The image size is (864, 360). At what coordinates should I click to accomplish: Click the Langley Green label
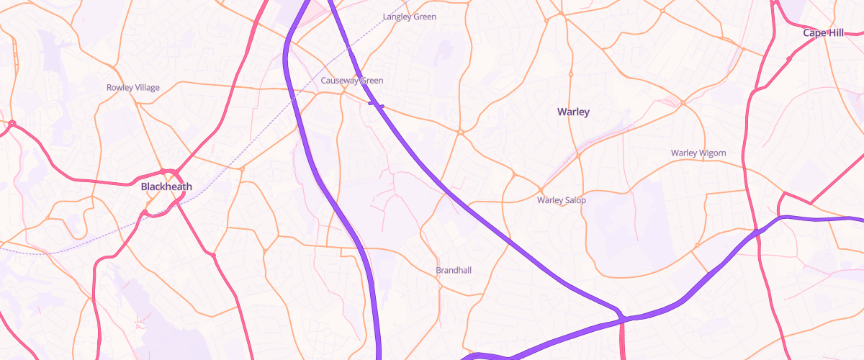pos(410,17)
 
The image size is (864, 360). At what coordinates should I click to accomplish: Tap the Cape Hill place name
pos(823,33)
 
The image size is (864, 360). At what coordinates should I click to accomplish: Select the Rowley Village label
pos(133,88)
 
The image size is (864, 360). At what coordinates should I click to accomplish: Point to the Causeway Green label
pos(352,81)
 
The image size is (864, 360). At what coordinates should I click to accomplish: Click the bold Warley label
pos(573,112)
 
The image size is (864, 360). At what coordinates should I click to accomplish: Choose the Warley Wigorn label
pos(698,153)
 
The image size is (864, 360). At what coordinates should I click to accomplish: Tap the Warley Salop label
pos(561,200)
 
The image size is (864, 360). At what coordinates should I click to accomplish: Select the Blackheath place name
pos(166,186)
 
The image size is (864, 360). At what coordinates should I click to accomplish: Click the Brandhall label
pos(453,271)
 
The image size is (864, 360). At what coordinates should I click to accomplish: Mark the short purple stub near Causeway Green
pos(376,105)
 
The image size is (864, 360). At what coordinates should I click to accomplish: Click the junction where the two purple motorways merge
pos(621,317)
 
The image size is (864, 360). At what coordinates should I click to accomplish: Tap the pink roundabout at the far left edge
pos(12,123)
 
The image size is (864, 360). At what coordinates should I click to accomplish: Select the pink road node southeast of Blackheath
pos(213,254)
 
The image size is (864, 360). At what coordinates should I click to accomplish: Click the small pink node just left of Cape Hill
pos(789,58)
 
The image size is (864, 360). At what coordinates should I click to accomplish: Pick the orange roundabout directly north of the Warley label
pos(570,74)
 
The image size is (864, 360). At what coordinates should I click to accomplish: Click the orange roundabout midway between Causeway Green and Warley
pos(460,132)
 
